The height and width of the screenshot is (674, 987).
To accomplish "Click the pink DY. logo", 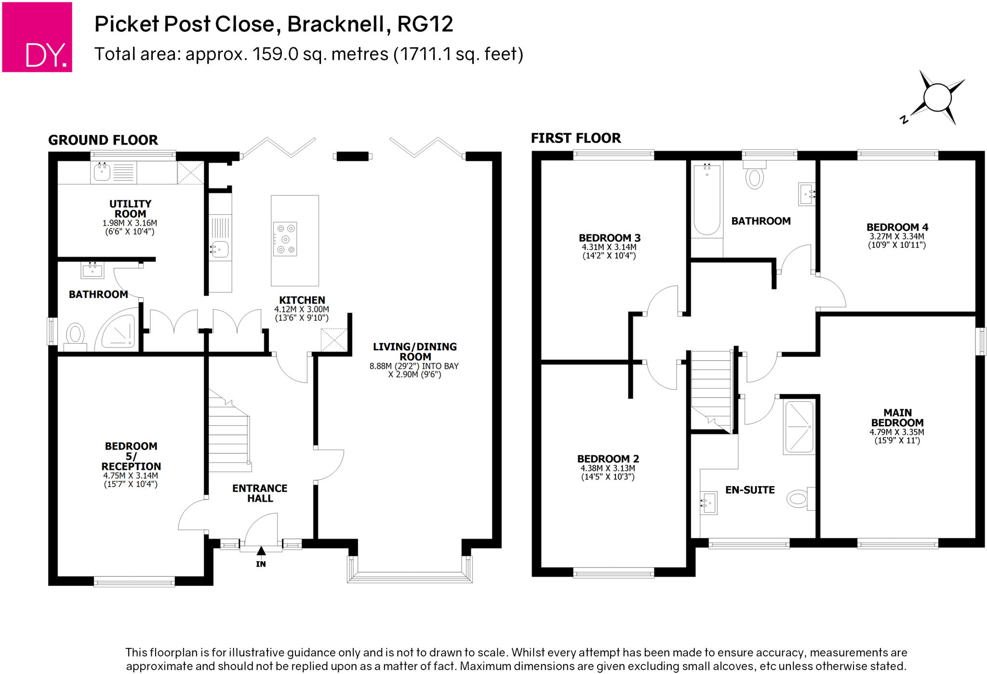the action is click(x=37, y=37).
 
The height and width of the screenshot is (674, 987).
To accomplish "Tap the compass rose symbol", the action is click(x=937, y=98).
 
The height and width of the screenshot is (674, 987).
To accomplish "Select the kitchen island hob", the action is click(x=285, y=239).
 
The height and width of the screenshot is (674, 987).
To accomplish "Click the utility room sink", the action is click(x=103, y=172).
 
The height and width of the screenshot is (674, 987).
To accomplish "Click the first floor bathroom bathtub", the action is click(x=707, y=198).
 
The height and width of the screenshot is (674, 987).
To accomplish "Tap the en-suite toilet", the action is click(x=799, y=499).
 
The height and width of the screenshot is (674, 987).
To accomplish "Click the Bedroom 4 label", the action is click(x=897, y=227).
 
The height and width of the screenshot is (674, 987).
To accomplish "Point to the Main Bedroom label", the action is click(x=897, y=418).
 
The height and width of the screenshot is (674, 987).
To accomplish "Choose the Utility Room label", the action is click(x=130, y=209).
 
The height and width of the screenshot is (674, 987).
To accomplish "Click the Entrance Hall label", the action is click(x=260, y=493).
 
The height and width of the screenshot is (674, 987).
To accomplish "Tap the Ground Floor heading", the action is click(x=103, y=140).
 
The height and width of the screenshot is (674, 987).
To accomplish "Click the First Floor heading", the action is click(x=576, y=138).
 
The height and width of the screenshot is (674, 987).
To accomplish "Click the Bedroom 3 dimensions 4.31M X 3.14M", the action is click(x=609, y=247).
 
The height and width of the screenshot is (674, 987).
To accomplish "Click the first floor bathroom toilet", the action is click(x=754, y=176).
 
